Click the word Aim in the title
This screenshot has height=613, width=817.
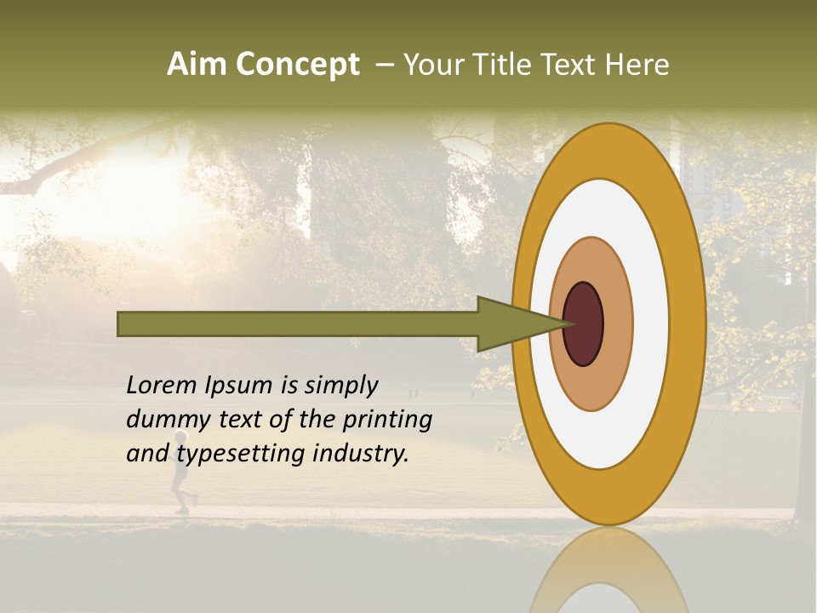coord(197,65)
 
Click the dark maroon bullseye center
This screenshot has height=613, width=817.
coord(584,324)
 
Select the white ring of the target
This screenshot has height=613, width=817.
coord(652,324)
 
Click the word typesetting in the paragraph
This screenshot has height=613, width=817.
coord(242,455)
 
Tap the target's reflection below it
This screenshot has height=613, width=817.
coord(609,575)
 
